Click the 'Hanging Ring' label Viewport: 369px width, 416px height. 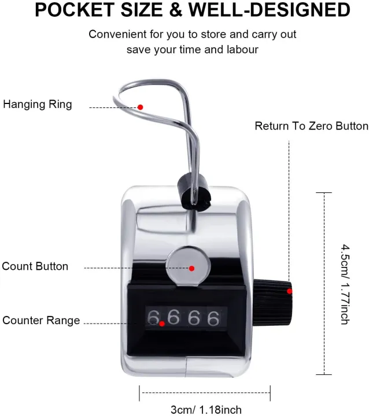click(38, 105)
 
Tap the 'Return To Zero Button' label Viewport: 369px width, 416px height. click(311, 126)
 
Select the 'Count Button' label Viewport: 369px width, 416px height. click(35, 266)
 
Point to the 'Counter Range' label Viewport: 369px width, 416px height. click(41, 321)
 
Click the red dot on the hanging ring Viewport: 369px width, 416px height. click(140, 107)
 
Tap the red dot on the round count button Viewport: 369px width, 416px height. click(191, 268)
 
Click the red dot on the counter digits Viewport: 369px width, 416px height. click(162, 324)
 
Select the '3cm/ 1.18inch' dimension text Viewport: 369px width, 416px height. click(205, 410)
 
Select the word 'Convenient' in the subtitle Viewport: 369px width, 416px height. click(115, 34)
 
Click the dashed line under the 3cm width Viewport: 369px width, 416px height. click(205, 393)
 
